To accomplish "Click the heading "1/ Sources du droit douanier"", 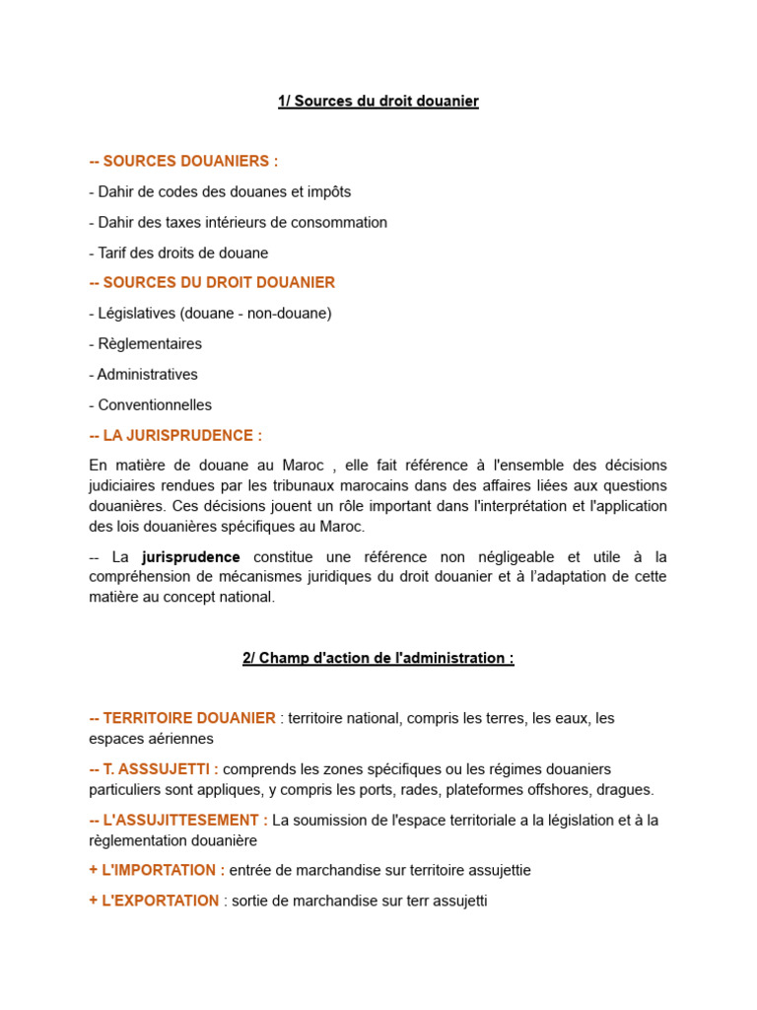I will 378,102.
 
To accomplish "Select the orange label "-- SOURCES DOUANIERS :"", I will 183,162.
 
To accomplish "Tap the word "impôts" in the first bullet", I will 328,192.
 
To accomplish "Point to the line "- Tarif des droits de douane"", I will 178,253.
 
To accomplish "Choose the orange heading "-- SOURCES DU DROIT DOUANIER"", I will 212,283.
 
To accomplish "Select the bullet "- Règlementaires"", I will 145,344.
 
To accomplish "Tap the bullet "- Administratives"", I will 143,375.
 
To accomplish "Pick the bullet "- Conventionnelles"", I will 150,405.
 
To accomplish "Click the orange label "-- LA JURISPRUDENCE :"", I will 175,436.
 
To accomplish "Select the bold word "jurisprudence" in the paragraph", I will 190,557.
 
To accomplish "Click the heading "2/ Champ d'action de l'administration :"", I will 378,659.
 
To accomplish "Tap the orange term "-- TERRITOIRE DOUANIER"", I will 182,718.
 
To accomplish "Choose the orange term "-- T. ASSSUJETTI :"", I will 154,769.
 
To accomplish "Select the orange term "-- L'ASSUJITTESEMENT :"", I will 178,821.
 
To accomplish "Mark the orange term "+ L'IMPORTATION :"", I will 157,871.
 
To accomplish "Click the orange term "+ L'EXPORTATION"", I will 154,902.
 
